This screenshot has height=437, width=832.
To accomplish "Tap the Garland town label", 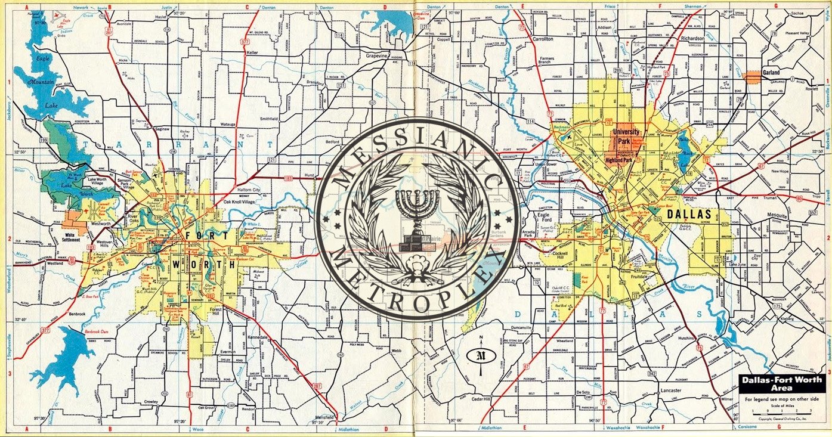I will tap(771, 73).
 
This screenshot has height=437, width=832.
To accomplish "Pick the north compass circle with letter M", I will tap(480, 356).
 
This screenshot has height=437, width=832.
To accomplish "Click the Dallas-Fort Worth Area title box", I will tap(781, 383).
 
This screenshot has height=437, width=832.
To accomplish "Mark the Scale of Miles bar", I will tap(781, 411).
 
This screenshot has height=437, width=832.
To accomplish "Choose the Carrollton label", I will tap(542, 38).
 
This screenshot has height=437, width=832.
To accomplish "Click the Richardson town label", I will tap(692, 36).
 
